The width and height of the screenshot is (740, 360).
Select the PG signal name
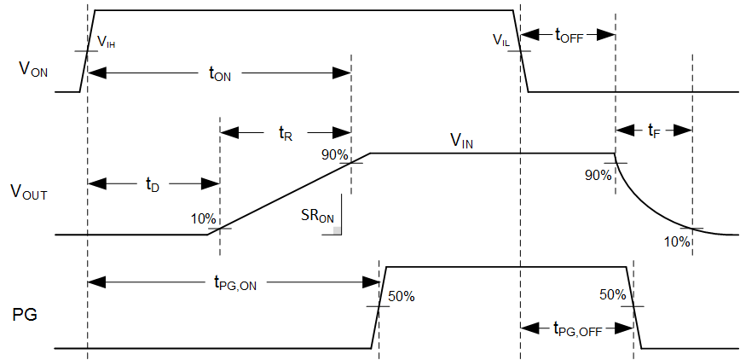[25, 315]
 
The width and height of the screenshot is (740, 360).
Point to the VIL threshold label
[502, 39]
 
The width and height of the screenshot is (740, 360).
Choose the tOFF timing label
[568, 35]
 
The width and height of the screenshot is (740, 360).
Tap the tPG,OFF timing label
[577, 328]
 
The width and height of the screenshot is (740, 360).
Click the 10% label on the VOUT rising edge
[204, 218]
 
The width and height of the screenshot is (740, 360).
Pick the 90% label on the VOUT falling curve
[598, 175]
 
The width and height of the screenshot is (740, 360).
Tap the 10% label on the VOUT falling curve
[677, 241]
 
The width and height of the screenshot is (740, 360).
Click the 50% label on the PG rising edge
[402, 297]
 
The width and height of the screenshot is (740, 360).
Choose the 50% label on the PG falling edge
[612, 295]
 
